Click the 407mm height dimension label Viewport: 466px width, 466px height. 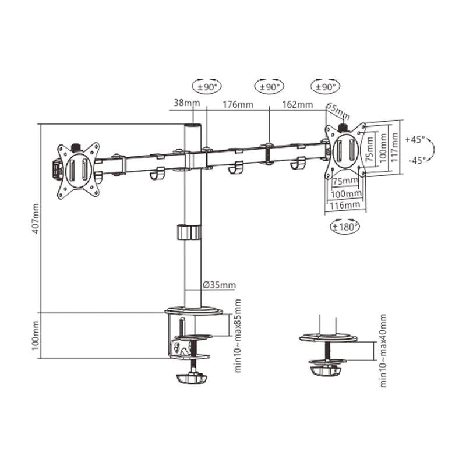37,218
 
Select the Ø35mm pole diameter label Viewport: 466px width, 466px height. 219,285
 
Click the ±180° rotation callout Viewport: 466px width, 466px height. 345,226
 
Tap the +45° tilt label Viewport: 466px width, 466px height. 415,140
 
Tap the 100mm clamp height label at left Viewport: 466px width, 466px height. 37,336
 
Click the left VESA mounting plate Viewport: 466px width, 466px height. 77,170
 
